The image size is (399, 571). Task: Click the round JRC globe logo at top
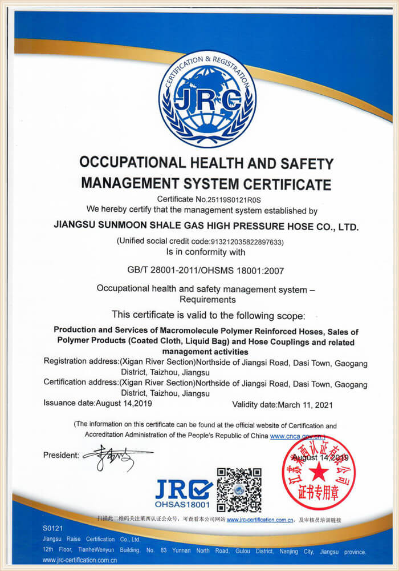tap(207, 99)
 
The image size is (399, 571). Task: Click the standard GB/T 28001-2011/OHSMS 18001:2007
tap(206, 270)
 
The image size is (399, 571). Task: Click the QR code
tap(239, 489)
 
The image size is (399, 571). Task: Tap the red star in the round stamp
tap(319, 473)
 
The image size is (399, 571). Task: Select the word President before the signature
tap(61, 455)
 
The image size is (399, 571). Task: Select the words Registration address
tap(80, 363)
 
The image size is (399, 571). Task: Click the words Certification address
tap(80, 383)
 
